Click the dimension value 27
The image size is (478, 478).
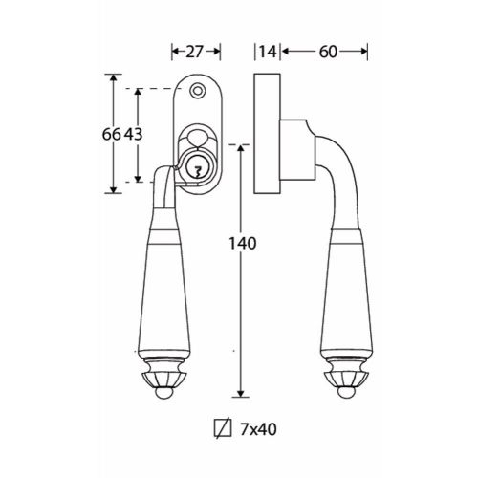pyautogui.click(x=195, y=52)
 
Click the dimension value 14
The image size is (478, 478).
pyautogui.click(x=268, y=52)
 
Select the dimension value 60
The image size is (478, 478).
pyautogui.click(x=328, y=52)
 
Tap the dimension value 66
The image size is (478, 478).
pyautogui.click(x=112, y=134)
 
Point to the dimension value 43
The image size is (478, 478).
pyautogui.click(x=133, y=134)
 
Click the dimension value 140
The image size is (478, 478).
pyautogui.click(x=243, y=244)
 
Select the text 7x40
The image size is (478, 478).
pyautogui.click(x=258, y=429)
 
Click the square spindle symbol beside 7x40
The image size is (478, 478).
pyautogui.click(x=223, y=428)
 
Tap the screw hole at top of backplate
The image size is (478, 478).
pyautogui.click(x=197, y=91)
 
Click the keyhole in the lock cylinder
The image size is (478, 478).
pyautogui.click(x=198, y=172)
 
